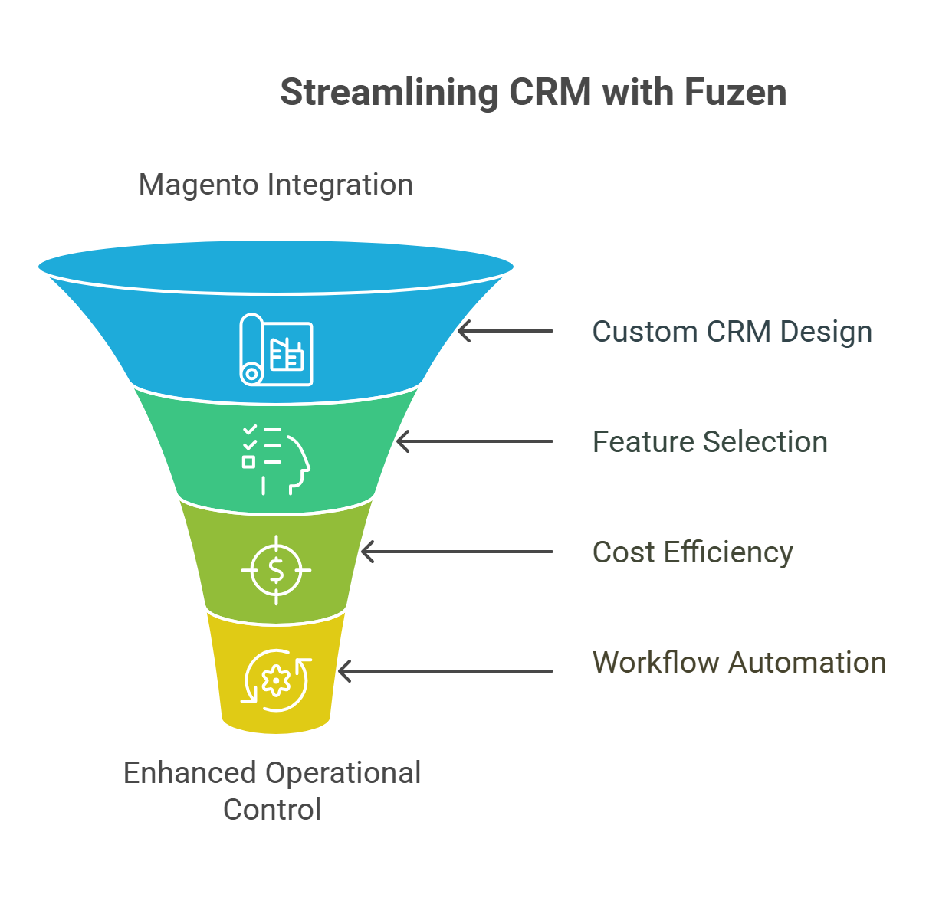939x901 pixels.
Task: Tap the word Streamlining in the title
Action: point(389,93)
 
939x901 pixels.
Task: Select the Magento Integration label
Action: point(276,185)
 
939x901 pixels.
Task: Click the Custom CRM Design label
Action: point(732,332)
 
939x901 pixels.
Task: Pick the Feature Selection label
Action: point(710,442)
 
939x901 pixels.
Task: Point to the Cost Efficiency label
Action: point(692,552)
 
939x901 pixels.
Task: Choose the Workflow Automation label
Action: point(739,662)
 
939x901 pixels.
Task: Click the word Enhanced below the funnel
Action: point(189,773)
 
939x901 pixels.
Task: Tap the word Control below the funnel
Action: point(272,809)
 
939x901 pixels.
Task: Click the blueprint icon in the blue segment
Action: point(276,349)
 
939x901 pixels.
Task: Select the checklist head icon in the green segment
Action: point(275,460)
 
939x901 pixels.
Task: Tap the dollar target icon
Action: point(276,570)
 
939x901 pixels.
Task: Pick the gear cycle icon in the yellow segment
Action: point(276,680)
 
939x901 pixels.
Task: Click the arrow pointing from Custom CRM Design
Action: point(505,332)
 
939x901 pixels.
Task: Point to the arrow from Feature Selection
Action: point(474,441)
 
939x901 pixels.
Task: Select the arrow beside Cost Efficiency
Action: point(457,552)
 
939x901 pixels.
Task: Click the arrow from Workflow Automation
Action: point(446,671)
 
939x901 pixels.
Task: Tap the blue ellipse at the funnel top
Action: point(276,267)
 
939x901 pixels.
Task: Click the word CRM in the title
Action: point(550,92)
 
